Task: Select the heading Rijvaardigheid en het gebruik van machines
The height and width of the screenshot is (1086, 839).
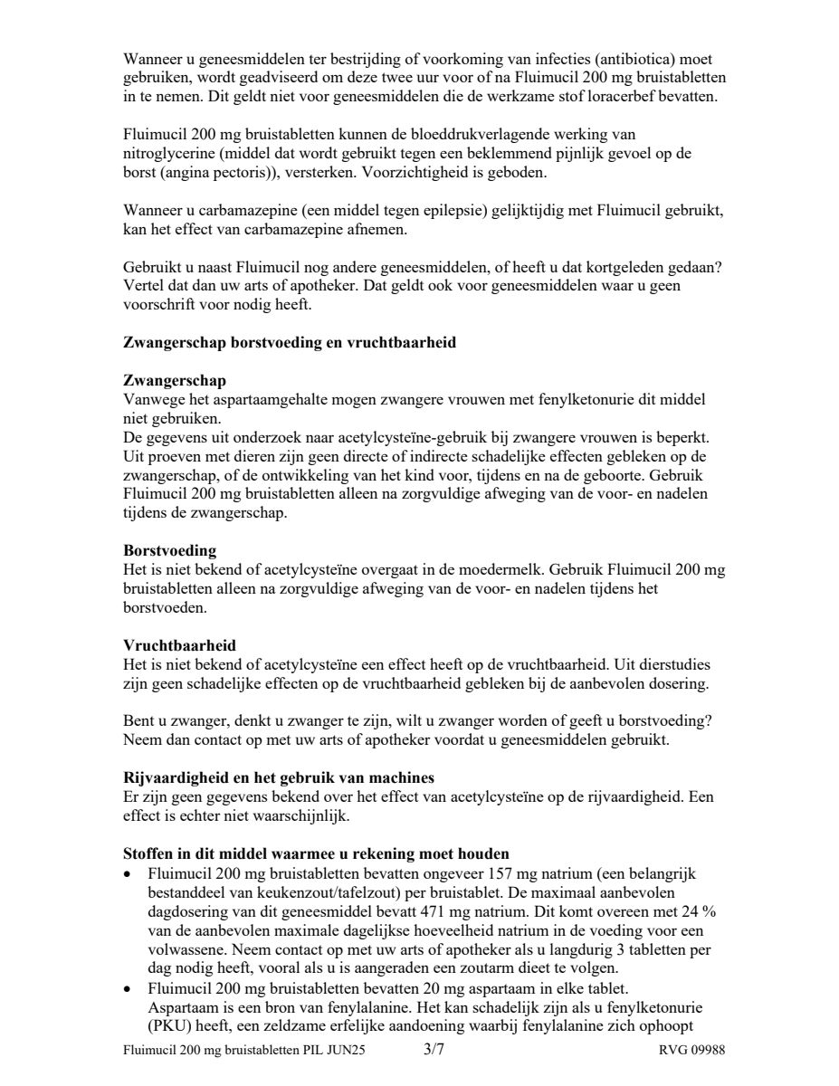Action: pyautogui.click(x=279, y=778)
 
